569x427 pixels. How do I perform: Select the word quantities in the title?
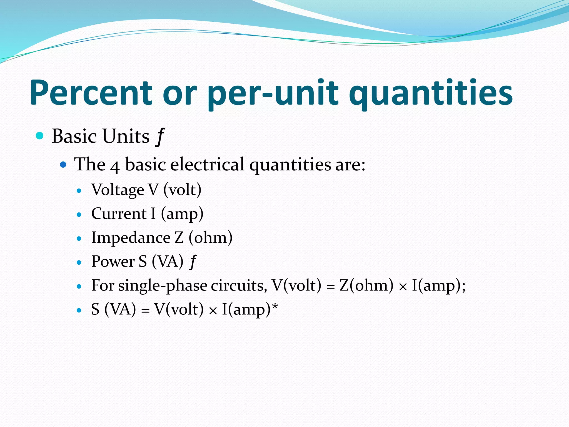431,93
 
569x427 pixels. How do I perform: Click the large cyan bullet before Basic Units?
40,136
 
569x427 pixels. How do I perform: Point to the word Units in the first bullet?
126,136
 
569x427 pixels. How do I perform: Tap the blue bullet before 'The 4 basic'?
63,165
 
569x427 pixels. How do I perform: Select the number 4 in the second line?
115,166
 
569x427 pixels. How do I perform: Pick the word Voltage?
118,190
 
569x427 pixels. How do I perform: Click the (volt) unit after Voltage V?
182,190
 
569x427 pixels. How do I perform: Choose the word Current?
119,214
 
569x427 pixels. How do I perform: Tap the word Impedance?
131,238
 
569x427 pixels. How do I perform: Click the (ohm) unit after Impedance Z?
211,238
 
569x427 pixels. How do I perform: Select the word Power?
113,262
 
